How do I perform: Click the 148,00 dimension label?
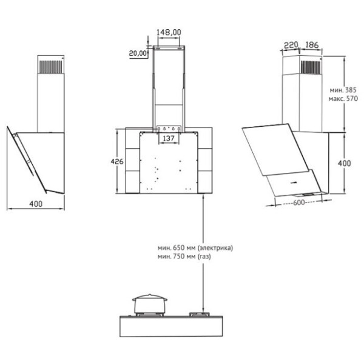coord(169,32)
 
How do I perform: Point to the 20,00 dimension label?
coord(138,53)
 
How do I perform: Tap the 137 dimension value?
coord(169,138)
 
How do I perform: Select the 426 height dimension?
coord(117,161)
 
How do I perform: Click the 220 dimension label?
coord(291,44)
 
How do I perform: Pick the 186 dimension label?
coord(312,44)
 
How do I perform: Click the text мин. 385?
coord(343,90)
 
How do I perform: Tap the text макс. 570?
coord(343,99)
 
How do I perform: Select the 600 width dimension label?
coord(298,203)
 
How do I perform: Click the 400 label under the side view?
coord(36,204)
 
